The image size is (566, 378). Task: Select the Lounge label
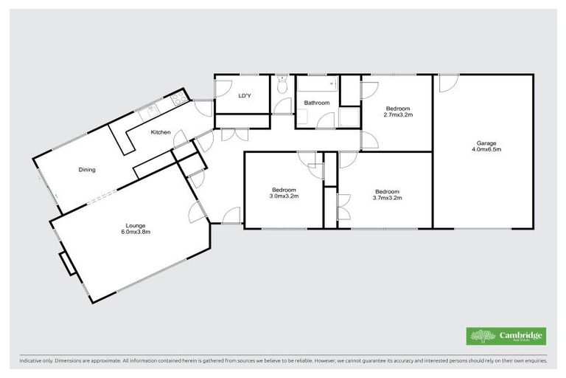click(x=135, y=225)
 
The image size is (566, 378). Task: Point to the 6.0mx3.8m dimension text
click(x=135, y=232)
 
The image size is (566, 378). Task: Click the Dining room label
click(x=87, y=170)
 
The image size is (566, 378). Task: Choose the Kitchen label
click(x=161, y=132)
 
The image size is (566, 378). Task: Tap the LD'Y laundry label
click(x=245, y=96)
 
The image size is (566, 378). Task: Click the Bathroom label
click(x=317, y=103)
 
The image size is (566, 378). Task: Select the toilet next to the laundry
click(x=282, y=86)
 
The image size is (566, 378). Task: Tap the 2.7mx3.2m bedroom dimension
click(x=398, y=114)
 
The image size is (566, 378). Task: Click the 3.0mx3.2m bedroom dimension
click(x=283, y=197)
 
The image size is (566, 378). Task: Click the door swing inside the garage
click(x=446, y=83)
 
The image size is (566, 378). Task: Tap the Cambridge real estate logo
click(x=506, y=336)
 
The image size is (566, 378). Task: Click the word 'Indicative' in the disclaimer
click(x=31, y=362)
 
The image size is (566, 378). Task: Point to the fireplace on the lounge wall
click(x=65, y=262)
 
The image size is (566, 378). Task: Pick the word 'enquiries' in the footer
click(x=533, y=362)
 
